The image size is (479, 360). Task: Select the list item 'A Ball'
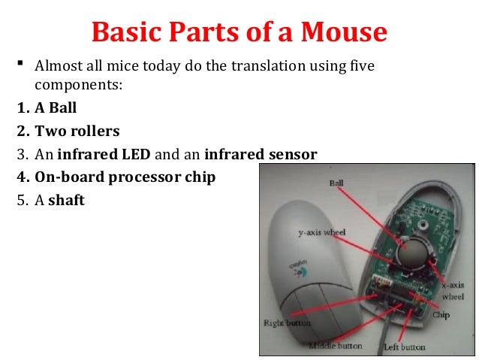(x=56, y=107)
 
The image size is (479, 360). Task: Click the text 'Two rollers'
(x=77, y=131)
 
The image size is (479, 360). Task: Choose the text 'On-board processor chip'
(x=124, y=177)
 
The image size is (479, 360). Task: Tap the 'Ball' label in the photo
(x=338, y=183)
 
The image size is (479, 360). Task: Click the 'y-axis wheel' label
(x=321, y=234)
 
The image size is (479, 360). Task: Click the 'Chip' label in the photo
(x=441, y=316)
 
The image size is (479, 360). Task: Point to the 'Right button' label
(x=286, y=324)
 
